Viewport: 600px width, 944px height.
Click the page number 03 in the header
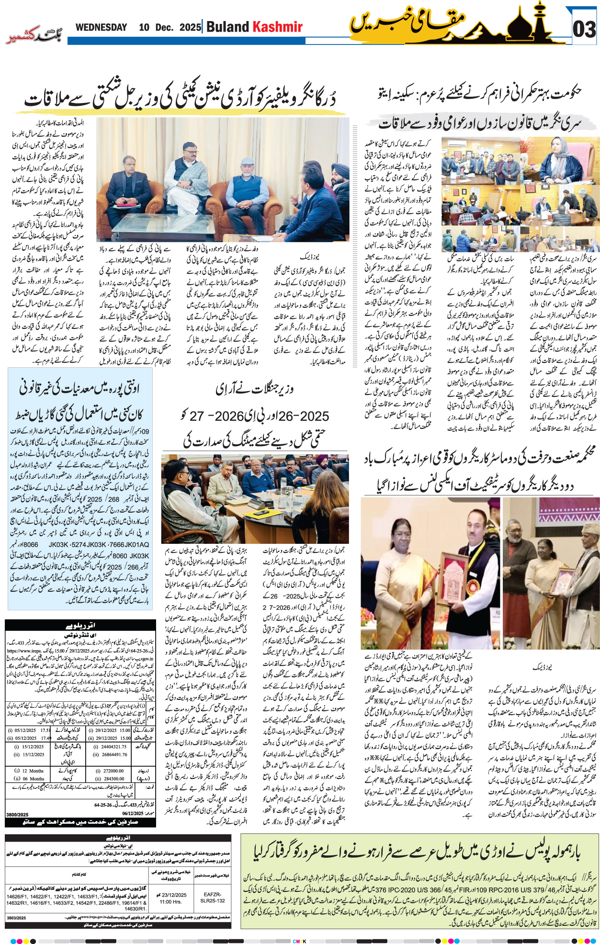pos(584,30)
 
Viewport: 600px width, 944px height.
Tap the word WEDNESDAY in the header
pos(101,27)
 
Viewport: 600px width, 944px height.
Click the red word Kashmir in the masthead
pos(278,27)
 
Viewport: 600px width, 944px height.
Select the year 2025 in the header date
pos(190,27)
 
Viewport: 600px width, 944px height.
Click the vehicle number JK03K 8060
pos(133,556)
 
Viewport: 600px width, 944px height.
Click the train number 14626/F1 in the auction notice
pos(19,896)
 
